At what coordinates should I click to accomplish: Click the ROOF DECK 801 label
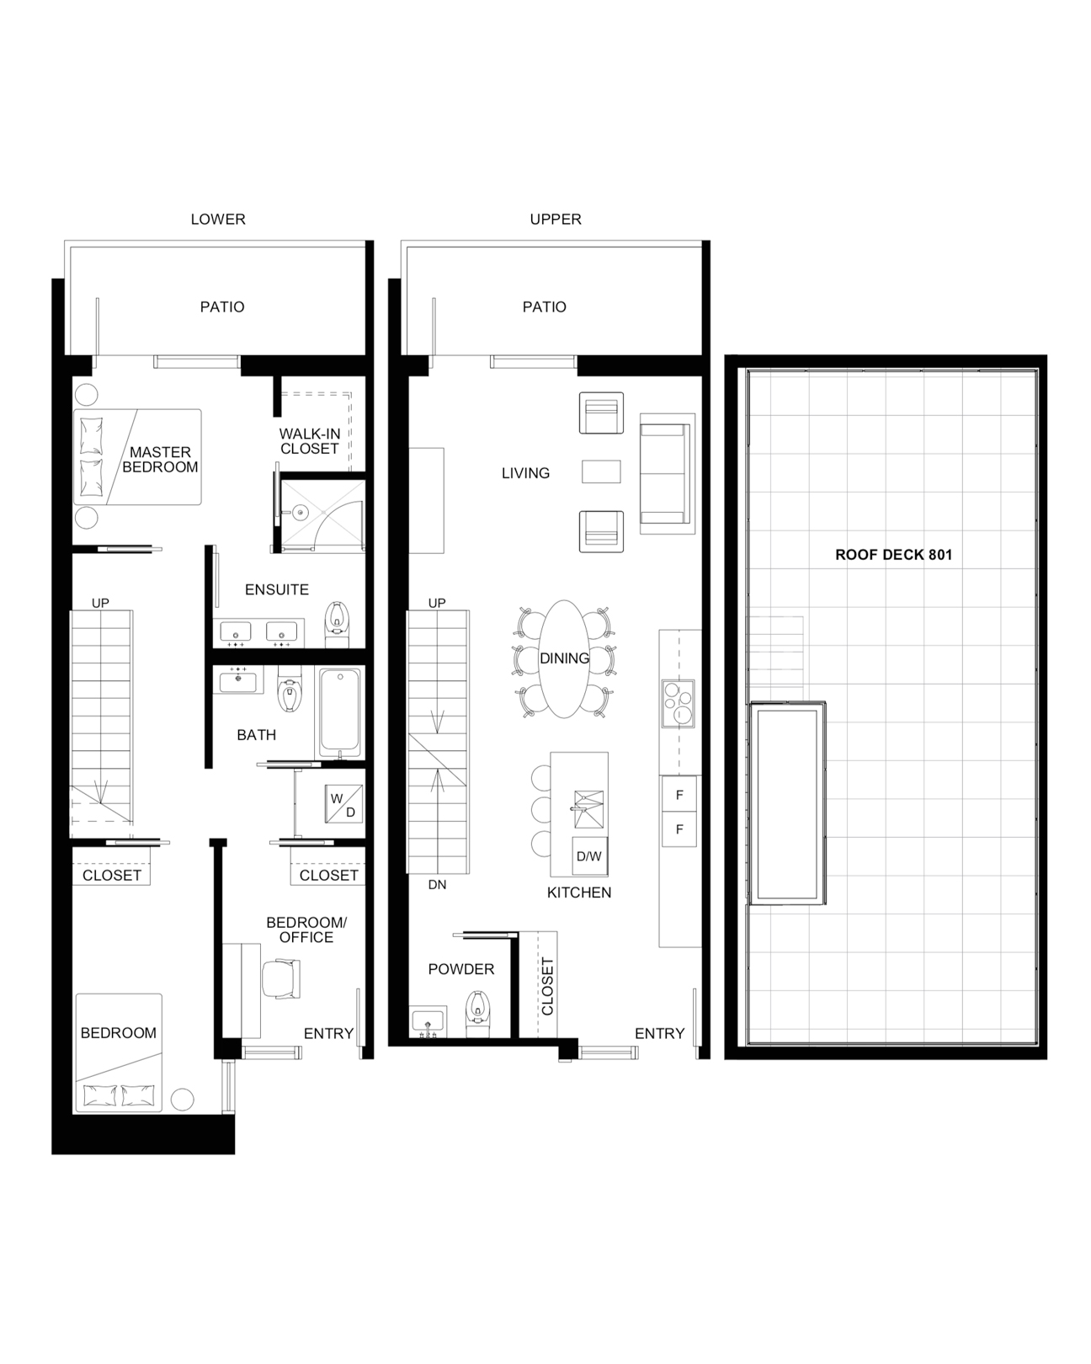(x=893, y=555)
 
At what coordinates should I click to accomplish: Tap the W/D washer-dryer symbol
(x=343, y=804)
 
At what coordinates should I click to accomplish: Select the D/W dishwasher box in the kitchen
(x=589, y=856)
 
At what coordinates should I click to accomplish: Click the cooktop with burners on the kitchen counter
(x=678, y=704)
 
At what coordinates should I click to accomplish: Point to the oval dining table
(x=563, y=659)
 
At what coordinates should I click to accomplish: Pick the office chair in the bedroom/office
(x=281, y=979)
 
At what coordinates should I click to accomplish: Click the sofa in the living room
(x=666, y=473)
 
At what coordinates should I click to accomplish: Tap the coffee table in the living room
(x=601, y=472)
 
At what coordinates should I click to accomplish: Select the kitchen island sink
(x=588, y=809)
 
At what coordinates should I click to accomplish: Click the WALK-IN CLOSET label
(x=310, y=441)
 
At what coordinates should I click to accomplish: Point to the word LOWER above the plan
(x=218, y=219)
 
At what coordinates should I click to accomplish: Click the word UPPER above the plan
(x=556, y=219)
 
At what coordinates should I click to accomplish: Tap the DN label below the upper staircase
(x=438, y=885)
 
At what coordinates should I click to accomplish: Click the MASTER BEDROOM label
(x=161, y=460)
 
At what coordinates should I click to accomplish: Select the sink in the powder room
(x=428, y=1021)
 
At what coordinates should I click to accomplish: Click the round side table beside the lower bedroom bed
(x=183, y=1099)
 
